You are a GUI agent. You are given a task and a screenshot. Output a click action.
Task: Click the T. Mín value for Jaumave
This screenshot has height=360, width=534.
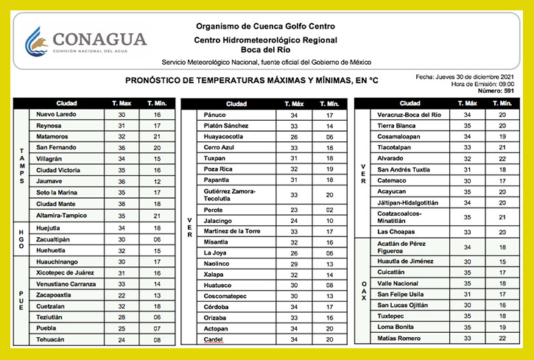click(x=157, y=181)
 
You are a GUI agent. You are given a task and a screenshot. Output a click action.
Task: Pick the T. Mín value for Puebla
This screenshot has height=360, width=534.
click(x=157, y=328)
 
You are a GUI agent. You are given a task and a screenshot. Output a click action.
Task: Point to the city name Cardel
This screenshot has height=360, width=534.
click(x=214, y=339)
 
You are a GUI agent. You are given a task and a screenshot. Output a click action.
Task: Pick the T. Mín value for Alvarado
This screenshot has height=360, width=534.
click(x=502, y=158)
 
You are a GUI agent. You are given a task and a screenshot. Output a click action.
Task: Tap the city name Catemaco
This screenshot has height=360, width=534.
click(x=395, y=180)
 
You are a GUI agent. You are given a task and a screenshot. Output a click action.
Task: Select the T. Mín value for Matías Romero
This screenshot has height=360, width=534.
click(x=502, y=338)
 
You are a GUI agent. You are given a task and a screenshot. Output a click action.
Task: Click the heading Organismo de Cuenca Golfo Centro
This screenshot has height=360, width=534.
click(x=266, y=26)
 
